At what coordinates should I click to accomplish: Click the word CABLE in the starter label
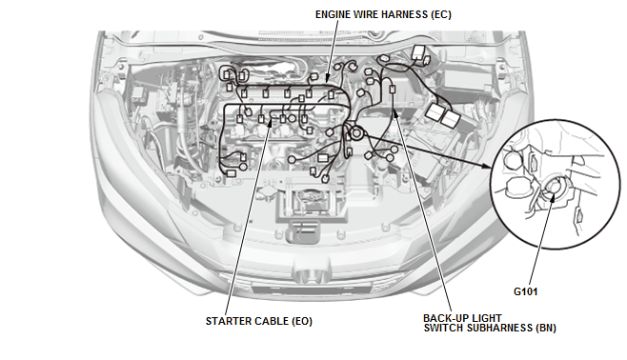(x=273, y=321)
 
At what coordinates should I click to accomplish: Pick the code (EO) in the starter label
(x=307, y=321)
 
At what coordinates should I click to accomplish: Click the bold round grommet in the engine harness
(x=355, y=134)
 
